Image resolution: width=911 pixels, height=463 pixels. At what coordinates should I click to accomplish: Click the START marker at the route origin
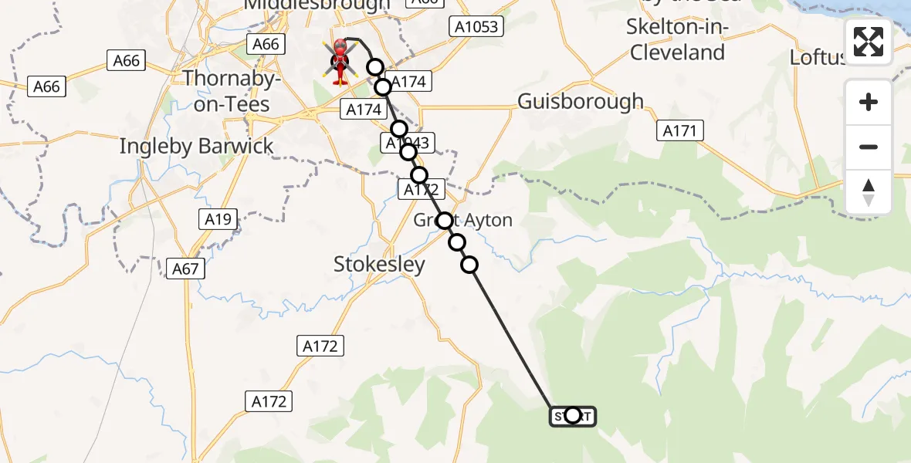point(572,416)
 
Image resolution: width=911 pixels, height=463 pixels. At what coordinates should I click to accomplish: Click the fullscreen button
point(869,42)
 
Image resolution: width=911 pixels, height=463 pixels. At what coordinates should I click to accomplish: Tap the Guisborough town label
point(581,101)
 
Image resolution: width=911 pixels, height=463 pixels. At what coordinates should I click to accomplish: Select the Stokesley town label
point(379,265)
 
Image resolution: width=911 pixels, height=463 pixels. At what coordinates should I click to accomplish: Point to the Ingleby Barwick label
point(196,146)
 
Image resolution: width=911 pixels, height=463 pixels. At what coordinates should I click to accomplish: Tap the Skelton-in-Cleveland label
point(678,40)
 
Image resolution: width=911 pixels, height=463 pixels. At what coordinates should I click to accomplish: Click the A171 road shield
point(680,131)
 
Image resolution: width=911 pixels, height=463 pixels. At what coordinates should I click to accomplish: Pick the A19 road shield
point(218,220)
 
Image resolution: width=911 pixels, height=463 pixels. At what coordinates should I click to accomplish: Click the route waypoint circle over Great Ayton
point(445,221)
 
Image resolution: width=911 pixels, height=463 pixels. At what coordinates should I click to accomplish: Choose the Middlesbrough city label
point(317,5)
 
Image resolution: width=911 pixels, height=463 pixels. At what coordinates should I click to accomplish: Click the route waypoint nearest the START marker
point(469,265)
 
